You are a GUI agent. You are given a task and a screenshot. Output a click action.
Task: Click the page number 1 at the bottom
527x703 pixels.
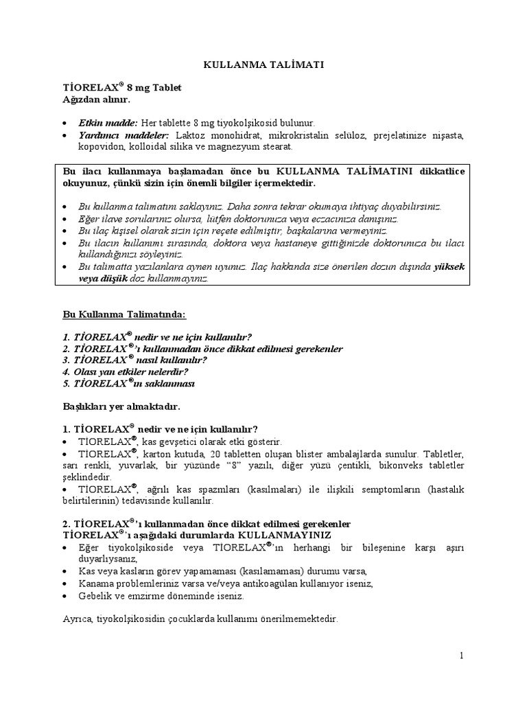tap(462, 656)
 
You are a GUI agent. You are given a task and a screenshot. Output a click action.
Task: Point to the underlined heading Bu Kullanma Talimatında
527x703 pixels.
tap(124, 314)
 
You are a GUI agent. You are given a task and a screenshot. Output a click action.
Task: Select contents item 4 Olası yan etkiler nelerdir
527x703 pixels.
tap(126, 372)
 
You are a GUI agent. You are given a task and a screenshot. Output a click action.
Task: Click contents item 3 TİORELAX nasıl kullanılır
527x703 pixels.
tap(134, 360)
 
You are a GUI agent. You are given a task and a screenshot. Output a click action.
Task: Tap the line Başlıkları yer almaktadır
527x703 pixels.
tap(121, 407)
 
